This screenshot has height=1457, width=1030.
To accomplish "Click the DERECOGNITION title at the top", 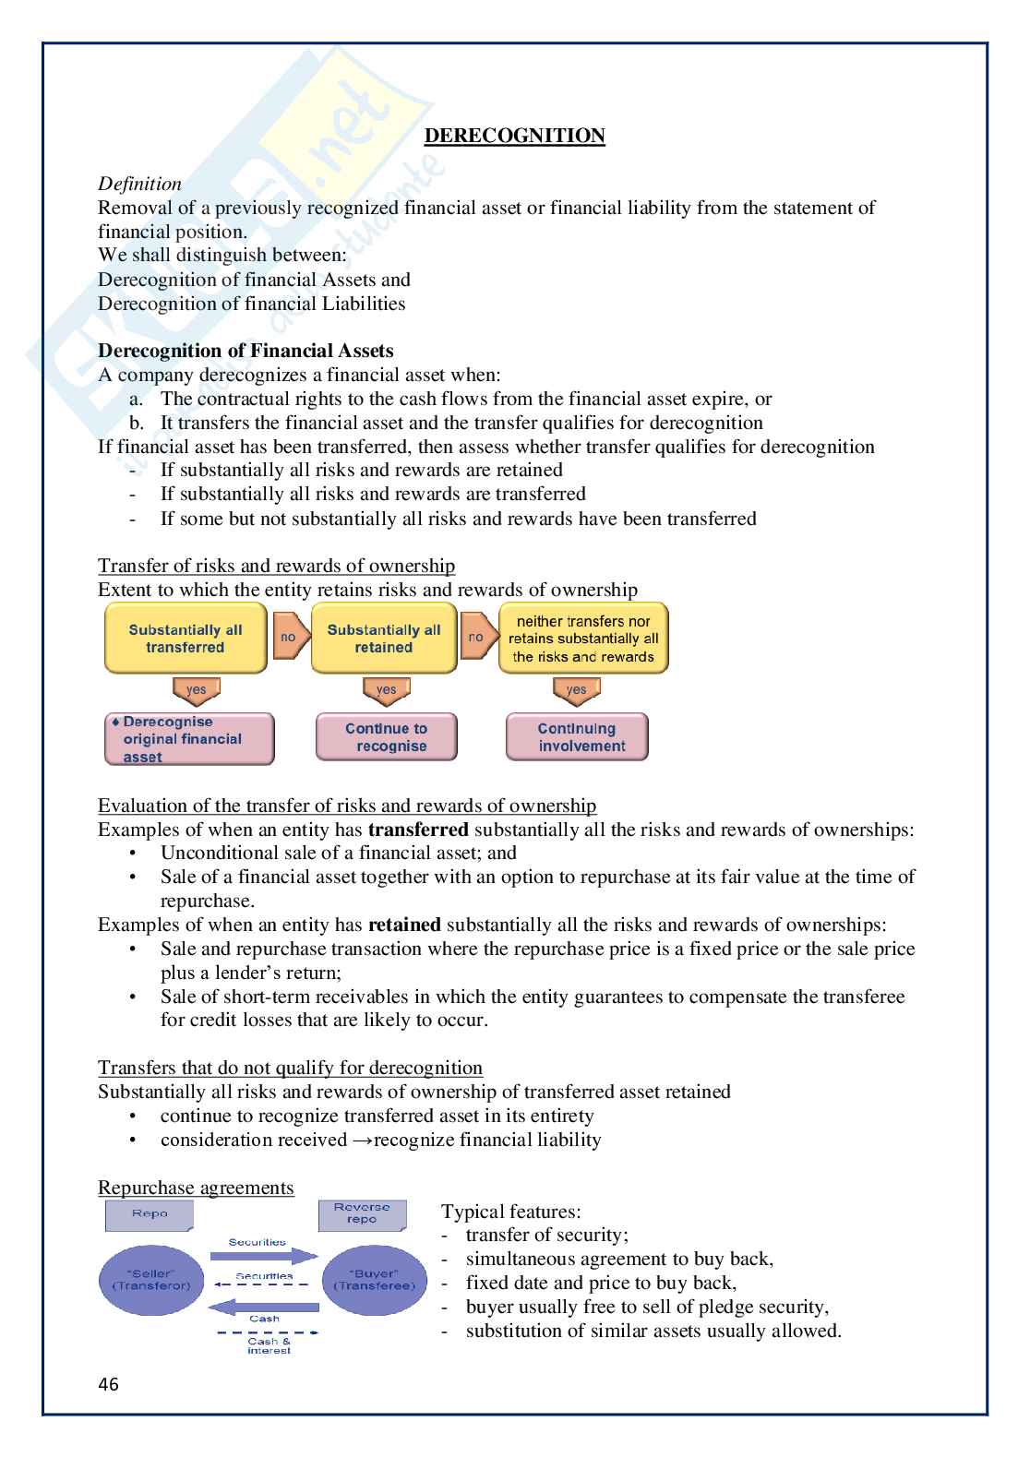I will pos(514,136).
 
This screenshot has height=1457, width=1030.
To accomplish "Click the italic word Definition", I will pos(139,184).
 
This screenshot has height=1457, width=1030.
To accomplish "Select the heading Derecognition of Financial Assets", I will pos(246,351).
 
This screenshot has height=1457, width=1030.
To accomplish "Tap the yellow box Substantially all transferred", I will pos(186,639).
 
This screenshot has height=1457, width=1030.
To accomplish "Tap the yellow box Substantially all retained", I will pos(384,639).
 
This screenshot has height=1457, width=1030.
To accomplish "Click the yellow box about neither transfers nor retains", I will pos(583,639).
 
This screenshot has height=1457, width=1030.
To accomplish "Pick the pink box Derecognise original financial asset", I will pos(189,739).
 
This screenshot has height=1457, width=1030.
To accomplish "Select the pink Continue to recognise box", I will pos(387,737).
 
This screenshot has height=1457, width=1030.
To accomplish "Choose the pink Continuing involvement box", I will pos(577,737).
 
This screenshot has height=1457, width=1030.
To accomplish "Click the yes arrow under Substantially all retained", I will pos(386,690).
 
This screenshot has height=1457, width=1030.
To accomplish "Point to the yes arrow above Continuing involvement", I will pos(577,690).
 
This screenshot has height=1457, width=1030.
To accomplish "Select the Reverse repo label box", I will pos(362,1214).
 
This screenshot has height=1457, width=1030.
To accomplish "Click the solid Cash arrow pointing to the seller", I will pos(264,1307).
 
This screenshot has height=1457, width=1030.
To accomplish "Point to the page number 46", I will pos(108,1385).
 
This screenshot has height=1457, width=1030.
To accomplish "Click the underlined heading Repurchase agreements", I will pos(196,1188).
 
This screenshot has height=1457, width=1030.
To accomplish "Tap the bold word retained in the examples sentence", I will pos(404,925).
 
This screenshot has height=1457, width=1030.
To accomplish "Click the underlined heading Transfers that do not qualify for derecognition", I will pos(290,1068).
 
